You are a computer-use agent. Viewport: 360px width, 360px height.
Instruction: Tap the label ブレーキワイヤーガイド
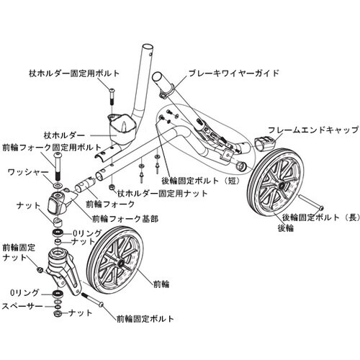tap(233, 73)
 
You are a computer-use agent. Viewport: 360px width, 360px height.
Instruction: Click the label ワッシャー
tap(27, 173)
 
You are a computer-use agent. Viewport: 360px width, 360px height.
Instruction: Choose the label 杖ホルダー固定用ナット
tap(156, 193)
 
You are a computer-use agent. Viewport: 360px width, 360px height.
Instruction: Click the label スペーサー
tap(23, 305)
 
